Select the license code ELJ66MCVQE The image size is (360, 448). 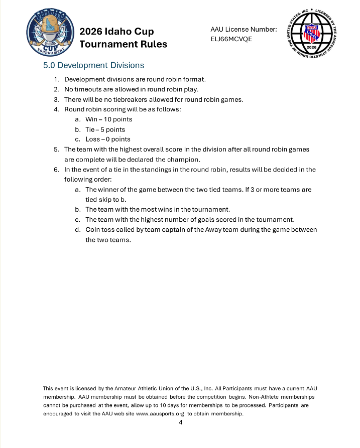click(231, 39)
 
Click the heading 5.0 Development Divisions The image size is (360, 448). click(93, 65)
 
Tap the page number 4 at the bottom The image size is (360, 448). click(180, 422)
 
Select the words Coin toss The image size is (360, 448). click(99, 230)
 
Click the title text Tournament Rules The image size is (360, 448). click(124, 44)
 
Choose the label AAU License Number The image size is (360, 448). click(244, 30)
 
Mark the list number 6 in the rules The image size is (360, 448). click(57, 170)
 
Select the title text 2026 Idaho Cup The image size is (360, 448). click(117, 32)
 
